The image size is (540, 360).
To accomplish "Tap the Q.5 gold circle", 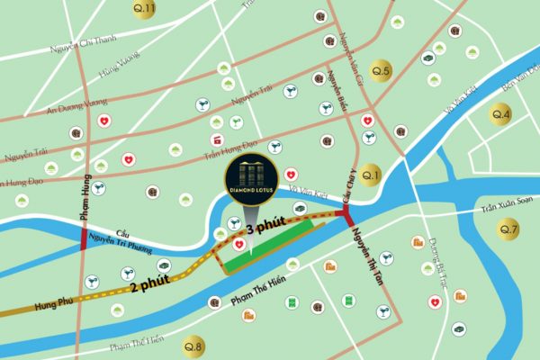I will (x=381, y=71).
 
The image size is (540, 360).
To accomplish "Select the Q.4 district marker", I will (x=500, y=114).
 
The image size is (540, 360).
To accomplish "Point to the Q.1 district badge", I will (x=371, y=175).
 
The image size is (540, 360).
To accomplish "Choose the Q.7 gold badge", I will (x=509, y=229).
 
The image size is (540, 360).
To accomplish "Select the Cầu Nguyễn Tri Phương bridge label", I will (x=124, y=236).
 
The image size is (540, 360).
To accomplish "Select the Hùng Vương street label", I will (x=99, y=70).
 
